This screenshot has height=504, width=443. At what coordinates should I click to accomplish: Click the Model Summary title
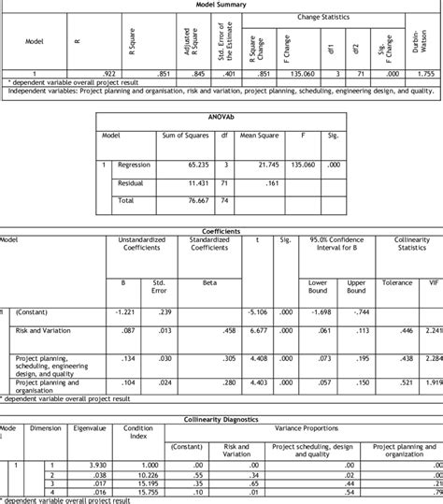coord(221,5)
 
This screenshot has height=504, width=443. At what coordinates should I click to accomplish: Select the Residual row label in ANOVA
coord(132,183)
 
